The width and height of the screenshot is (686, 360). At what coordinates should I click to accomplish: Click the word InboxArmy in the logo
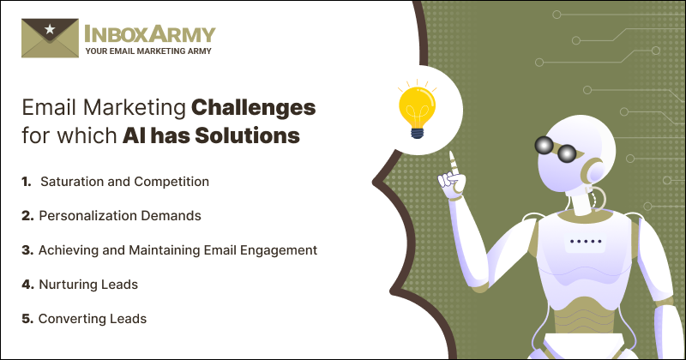(x=150, y=33)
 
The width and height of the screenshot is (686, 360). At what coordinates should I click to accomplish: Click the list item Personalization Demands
(x=119, y=216)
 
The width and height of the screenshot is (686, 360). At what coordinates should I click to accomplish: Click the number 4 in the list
(x=28, y=284)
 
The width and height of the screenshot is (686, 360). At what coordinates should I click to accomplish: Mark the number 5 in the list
(x=28, y=318)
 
